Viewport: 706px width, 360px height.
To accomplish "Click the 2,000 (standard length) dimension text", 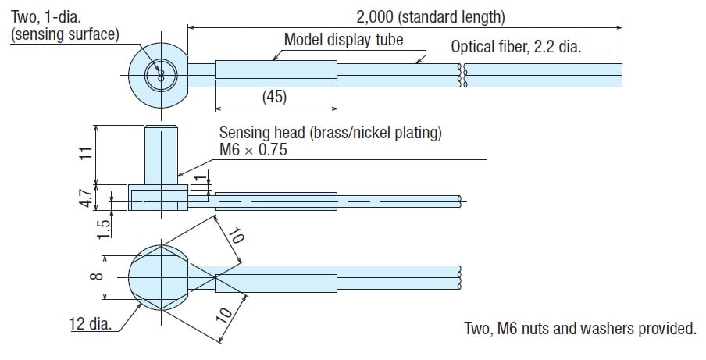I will pyautogui.click(x=430, y=16).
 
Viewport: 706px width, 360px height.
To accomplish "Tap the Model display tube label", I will pyautogui.click(x=344, y=39).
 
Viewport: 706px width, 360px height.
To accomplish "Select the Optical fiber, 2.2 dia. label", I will pyautogui.click(x=516, y=47).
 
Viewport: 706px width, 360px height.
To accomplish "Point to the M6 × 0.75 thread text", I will pyautogui.click(x=253, y=149).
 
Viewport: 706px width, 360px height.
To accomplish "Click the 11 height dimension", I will pyautogui.click(x=87, y=153).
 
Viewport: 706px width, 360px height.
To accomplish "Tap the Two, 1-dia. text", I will pyautogui.click(x=45, y=16).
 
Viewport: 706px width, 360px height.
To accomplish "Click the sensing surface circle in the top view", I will pyautogui.click(x=160, y=76).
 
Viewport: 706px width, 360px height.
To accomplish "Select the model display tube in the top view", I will pyautogui.click(x=276, y=70).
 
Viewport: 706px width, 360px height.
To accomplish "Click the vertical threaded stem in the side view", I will pyautogui.click(x=162, y=155).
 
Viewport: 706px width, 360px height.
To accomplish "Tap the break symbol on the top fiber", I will pyautogui.click(x=461, y=75).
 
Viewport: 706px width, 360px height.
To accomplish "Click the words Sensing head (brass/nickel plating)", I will pyautogui.click(x=330, y=133).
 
